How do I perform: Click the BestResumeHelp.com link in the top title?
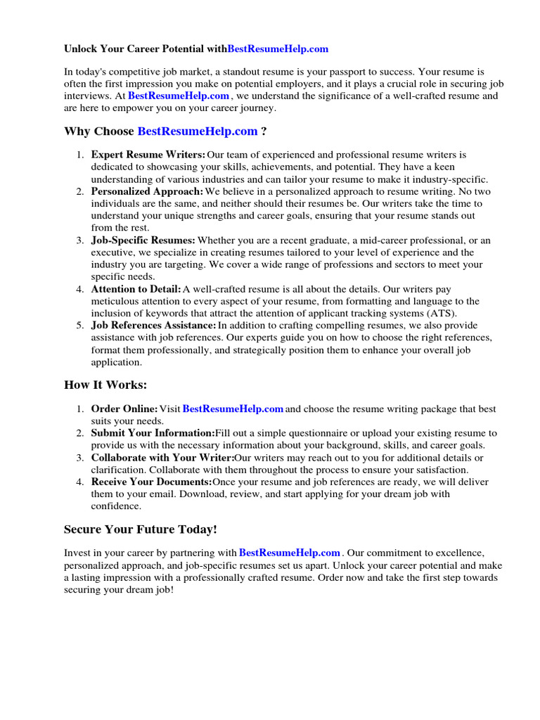278,49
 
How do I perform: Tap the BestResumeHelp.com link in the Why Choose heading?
198,131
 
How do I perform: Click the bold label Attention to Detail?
136,289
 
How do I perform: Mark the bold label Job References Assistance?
153,326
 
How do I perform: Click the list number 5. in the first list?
80,326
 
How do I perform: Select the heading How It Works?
106,385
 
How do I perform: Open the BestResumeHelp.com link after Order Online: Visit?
233,409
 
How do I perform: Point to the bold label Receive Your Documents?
151,482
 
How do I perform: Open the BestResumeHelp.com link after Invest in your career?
290,553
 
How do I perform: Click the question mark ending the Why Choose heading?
264,131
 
